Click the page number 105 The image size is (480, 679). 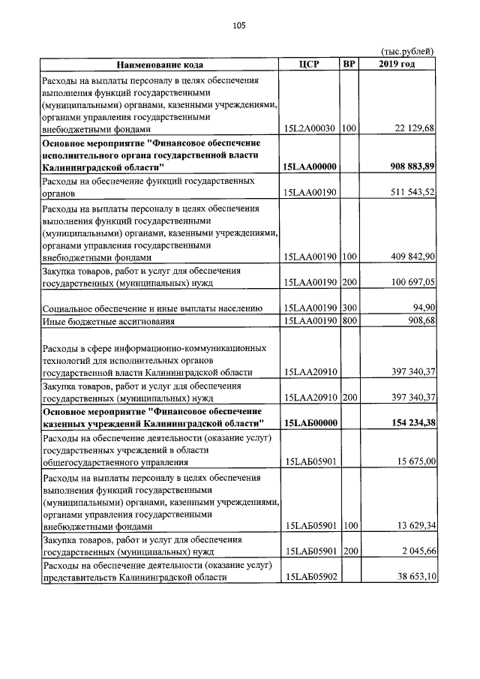pos(239,26)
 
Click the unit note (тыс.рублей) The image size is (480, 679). pos(408,52)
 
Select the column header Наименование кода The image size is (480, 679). pos(159,65)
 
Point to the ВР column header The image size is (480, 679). pos(349,65)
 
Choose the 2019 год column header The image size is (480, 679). pos(397,65)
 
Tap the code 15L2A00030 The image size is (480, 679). pos(309,128)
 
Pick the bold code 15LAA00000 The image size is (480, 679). pos(310,167)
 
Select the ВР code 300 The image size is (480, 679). pos(348,308)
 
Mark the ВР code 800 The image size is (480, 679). pos(348,322)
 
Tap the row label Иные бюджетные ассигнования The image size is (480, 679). pos(109,322)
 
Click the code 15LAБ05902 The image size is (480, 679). pos(310,577)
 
